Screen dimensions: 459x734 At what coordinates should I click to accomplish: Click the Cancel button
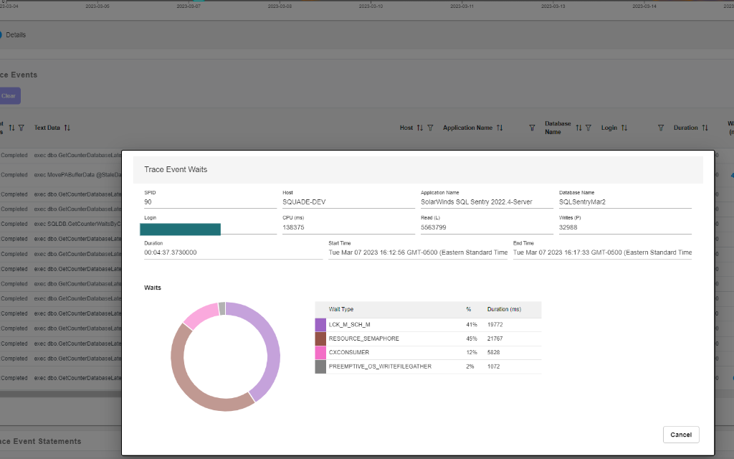pyautogui.click(x=680, y=435)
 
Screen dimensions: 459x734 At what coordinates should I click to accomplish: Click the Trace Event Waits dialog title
pyautogui.click(x=176, y=170)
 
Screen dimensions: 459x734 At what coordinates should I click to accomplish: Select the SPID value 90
pyautogui.click(x=148, y=202)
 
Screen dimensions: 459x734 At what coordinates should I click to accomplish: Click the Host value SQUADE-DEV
pyautogui.click(x=305, y=202)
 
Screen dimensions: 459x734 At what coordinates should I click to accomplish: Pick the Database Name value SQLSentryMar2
pyautogui.click(x=582, y=202)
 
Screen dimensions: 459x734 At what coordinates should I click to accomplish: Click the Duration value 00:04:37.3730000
pyautogui.click(x=171, y=252)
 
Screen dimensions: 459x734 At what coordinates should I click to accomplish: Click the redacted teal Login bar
pyautogui.click(x=180, y=229)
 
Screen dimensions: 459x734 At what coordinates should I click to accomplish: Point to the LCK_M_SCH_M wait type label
pyautogui.click(x=349, y=325)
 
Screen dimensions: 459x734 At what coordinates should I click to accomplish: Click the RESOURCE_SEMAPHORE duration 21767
pyautogui.click(x=496, y=339)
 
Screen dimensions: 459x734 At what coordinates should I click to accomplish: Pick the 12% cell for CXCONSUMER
pyautogui.click(x=470, y=352)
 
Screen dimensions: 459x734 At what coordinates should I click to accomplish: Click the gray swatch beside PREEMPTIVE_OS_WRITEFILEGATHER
pyautogui.click(x=320, y=366)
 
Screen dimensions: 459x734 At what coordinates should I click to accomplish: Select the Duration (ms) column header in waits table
pyautogui.click(x=504, y=309)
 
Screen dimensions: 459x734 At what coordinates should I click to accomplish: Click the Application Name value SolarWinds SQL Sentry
pyautogui.click(x=476, y=202)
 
